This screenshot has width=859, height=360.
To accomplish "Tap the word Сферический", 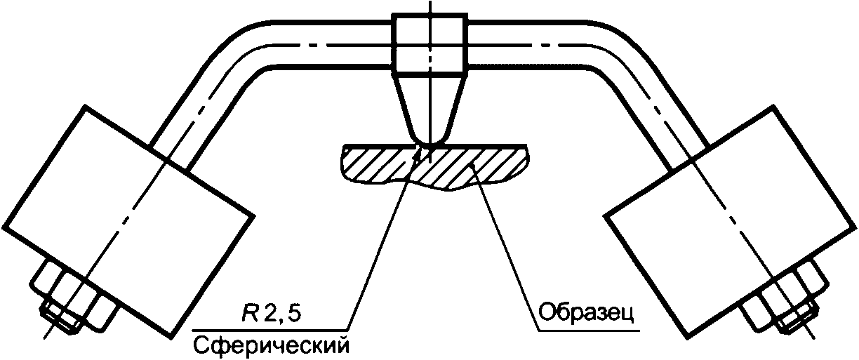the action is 270,345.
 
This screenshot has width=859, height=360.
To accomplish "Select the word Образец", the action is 587,312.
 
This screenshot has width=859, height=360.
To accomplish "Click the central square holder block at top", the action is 430,44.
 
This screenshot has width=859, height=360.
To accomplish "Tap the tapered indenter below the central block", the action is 429,105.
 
